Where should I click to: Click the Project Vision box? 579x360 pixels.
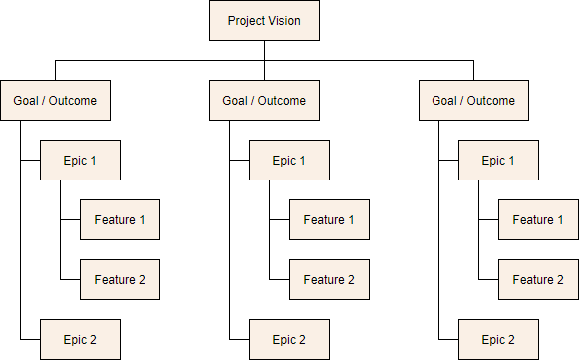point(264,20)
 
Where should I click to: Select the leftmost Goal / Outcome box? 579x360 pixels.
point(55,101)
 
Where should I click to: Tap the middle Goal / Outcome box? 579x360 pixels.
point(264,101)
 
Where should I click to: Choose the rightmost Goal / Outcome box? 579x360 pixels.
point(473,101)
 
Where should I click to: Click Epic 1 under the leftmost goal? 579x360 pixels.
point(80,160)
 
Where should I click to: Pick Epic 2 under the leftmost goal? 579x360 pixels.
point(80,339)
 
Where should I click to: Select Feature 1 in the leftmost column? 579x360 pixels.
point(120,219)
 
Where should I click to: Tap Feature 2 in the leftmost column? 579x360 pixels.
point(120,279)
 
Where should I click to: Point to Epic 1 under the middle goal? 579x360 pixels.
point(289,160)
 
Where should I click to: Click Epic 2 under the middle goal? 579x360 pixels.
point(289,339)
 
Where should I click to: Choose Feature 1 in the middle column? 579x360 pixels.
point(329,219)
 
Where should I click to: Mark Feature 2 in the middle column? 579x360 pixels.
point(329,279)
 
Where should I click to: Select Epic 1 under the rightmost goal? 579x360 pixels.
point(498,160)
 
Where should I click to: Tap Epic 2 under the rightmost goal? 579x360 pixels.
point(498,339)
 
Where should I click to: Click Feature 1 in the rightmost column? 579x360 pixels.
point(538,219)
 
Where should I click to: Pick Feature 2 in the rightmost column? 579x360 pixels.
point(538,279)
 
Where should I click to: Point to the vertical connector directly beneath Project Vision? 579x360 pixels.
point(264,51)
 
